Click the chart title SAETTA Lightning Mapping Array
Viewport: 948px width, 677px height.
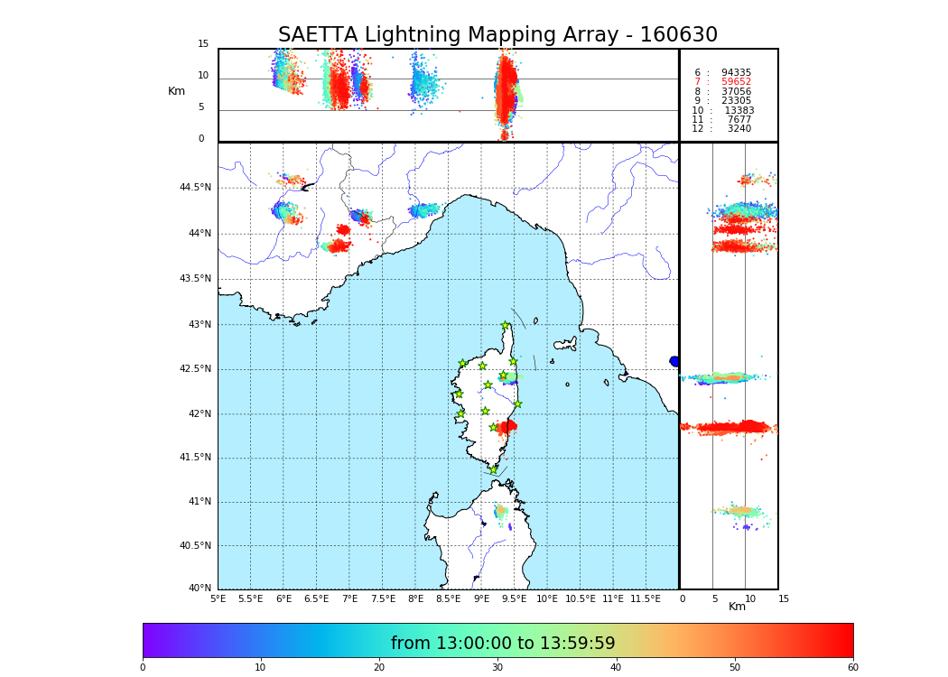[x=497, y=35]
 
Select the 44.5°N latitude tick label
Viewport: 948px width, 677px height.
[x=195, y=188]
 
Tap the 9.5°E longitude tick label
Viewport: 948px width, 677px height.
[x=514, y=598]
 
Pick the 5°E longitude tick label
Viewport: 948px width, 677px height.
[x=218, y=598]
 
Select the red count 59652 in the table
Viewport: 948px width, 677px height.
[x=736, y=82]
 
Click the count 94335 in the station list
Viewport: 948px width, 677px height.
[x=736, y=72]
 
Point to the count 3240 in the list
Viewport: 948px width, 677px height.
[x=739, y=129]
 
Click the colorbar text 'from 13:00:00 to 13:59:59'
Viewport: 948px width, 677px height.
[x=503, y=644]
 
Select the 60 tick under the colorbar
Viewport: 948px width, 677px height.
[x=852, y=668]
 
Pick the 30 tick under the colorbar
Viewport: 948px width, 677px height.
[x=497, y=668]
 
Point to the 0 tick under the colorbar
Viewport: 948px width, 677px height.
[x=143, y=668]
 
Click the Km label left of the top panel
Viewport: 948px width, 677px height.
[x=176, y=91]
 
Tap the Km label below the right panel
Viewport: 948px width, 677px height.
[x=737, y=607]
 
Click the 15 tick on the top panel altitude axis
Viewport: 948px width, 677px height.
[x=203, y=44]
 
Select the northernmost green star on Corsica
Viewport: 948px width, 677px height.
[x=506, y=326]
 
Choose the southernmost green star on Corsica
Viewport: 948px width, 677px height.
[x=494, y=469]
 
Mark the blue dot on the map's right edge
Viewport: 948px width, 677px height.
[x=674, y=361]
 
